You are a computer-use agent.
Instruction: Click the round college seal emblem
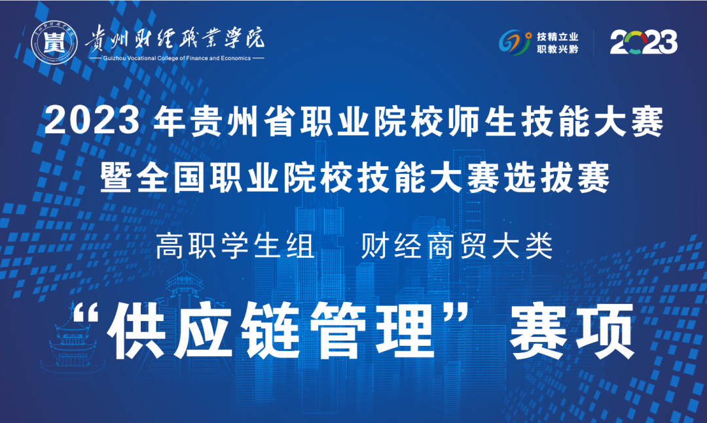pyautogui.click(x=54, y=42)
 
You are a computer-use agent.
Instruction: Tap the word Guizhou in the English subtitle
pyautogui.click(x=114, y=58)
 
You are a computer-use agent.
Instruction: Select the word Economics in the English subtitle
pyautogui.click(x=236, y=58)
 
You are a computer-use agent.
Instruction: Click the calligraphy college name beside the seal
pyautogui.click(x=175, y=37)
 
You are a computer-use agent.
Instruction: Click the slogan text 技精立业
pyautogui.click(x=557, y=37)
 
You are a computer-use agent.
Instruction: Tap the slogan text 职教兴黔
pyautogui.click(x=557, y=48)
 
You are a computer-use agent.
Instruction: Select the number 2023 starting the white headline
pyautogui.click(x=92, y=121)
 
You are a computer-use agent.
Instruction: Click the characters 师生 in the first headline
pyautogui.click(x=484, y=121)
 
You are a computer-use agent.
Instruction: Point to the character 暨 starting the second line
pyautogui.click(x=117, y=178)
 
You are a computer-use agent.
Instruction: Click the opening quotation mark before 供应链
pyautogui.click(x=86, y=313)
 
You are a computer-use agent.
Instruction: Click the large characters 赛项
pyautogui.click(x=571, y=330)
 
